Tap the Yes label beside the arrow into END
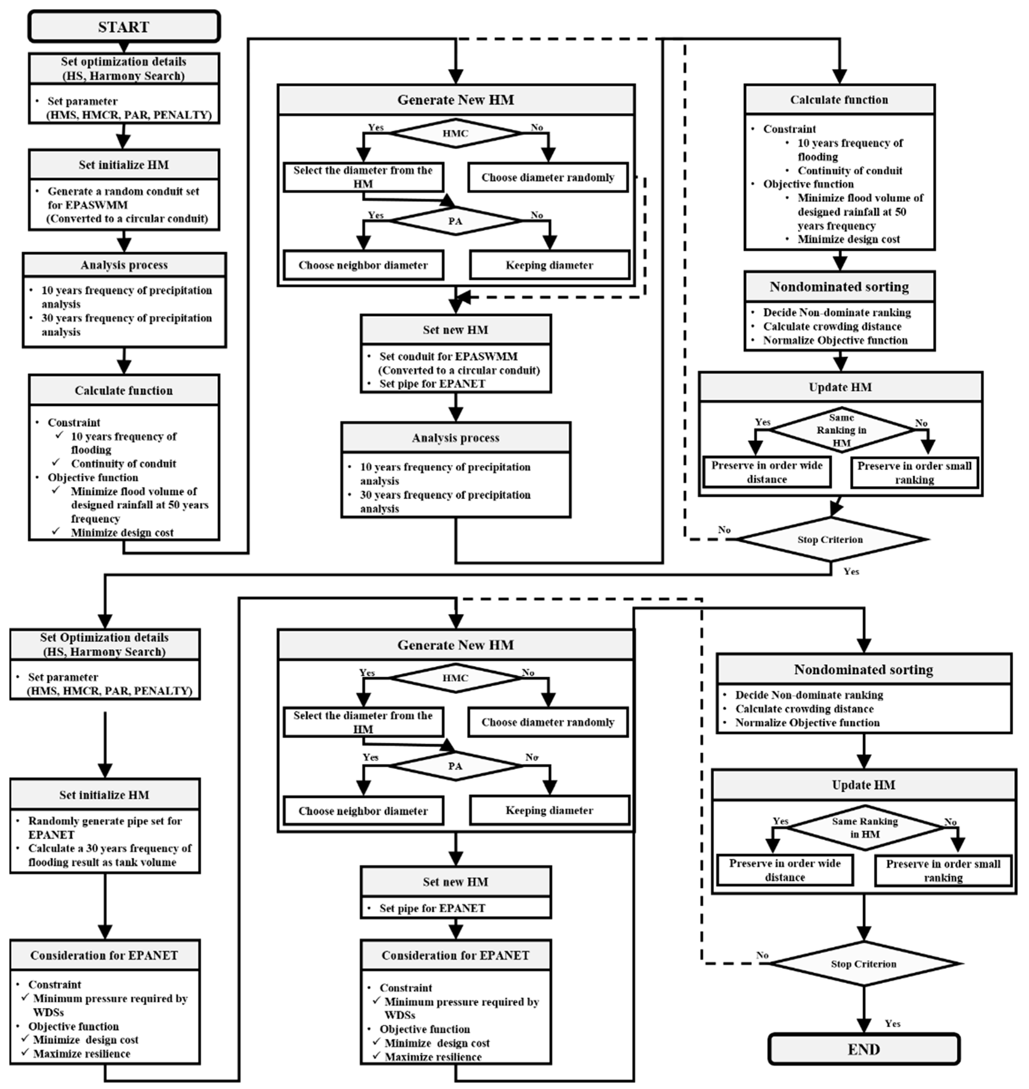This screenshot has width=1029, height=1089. [892, 1024]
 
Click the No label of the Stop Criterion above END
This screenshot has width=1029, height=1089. [762, 955]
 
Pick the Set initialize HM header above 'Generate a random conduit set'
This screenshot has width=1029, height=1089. [124, 164]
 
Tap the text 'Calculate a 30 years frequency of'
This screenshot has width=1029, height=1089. [110, 848]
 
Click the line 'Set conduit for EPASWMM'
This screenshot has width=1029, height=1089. [448, 356]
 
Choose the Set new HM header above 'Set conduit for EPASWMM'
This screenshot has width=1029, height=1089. [455, 330]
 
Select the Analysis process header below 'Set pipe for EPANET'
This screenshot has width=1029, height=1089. [455, 438]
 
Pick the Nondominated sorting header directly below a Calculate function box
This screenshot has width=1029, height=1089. [839, 287]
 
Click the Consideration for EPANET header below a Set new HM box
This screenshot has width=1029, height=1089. [455, 955]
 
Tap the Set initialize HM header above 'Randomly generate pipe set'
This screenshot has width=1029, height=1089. [104, 795]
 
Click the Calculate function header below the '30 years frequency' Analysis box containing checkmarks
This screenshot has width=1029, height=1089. [124, 391]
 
